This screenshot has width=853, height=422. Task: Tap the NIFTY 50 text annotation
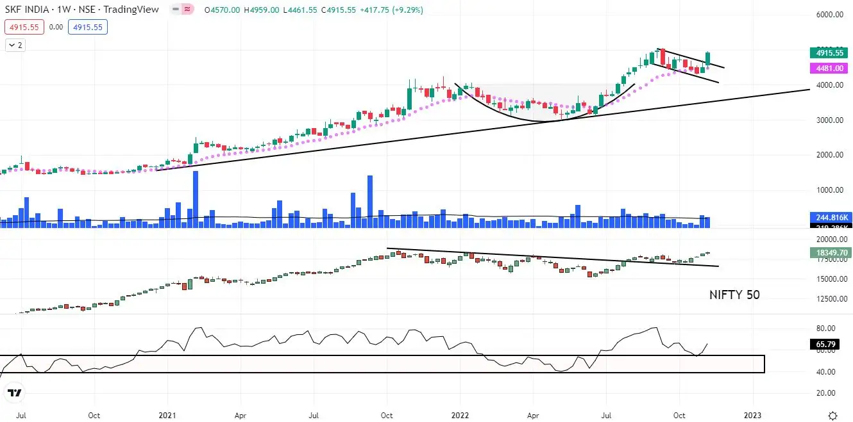click(734, 295)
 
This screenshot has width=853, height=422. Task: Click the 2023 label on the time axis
click(753, 415)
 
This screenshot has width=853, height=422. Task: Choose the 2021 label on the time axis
click(167, 415)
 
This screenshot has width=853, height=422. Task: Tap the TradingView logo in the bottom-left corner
click(15, 393)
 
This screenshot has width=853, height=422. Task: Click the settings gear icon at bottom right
click(832, 415)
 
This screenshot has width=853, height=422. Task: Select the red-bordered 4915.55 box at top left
click(23, 27)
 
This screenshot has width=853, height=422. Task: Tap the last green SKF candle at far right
click(708, 59)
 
